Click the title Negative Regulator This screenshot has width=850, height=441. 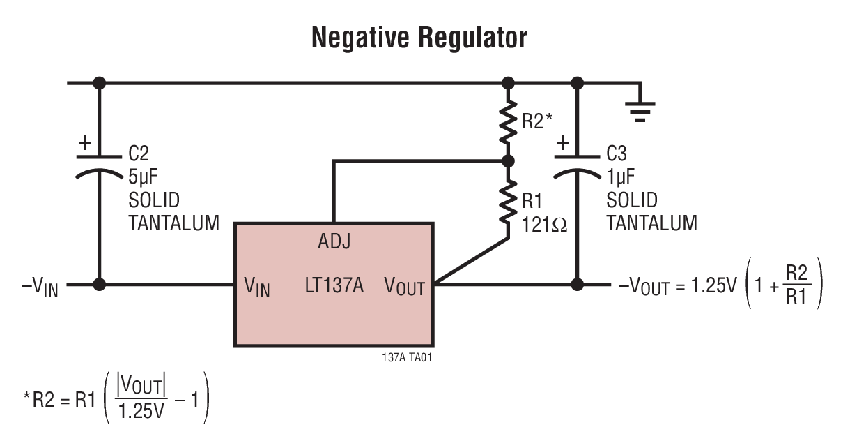point(419,37)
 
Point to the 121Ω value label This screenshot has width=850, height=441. point(545,225)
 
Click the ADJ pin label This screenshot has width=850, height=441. point(334,242)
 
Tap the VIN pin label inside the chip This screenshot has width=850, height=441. point(256,287)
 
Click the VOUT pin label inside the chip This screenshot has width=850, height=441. point(404,286)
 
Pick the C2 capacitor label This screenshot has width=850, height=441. point(139,154)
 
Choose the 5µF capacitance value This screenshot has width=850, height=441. point(144,177)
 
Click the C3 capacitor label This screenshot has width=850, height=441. point(617,154)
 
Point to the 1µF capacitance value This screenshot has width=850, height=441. point(621,177)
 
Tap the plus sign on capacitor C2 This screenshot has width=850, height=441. point(85,144)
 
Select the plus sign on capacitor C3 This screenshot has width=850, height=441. point(563,144)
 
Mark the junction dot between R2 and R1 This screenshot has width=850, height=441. point(508,161)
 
